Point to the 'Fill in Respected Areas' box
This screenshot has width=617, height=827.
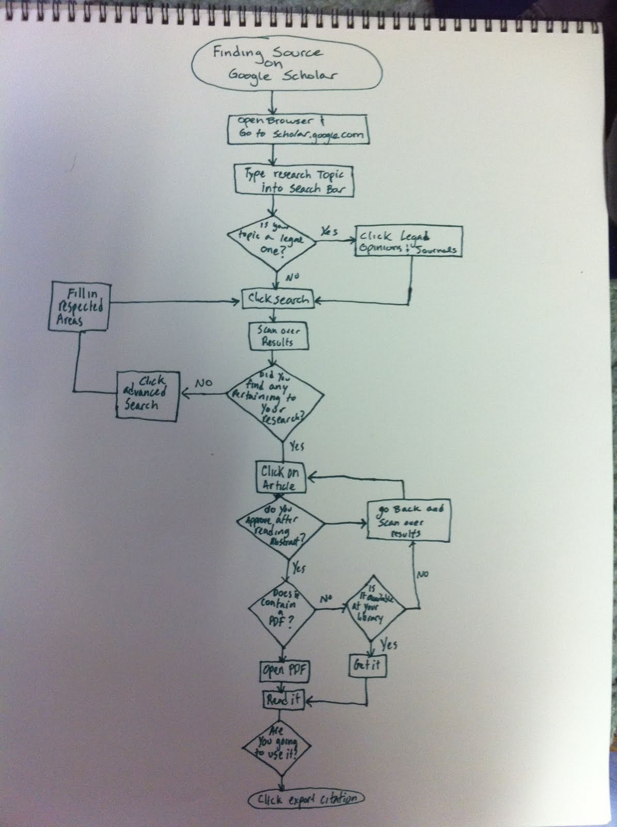[79, 306]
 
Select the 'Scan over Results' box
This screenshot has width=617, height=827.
[279, 336]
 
